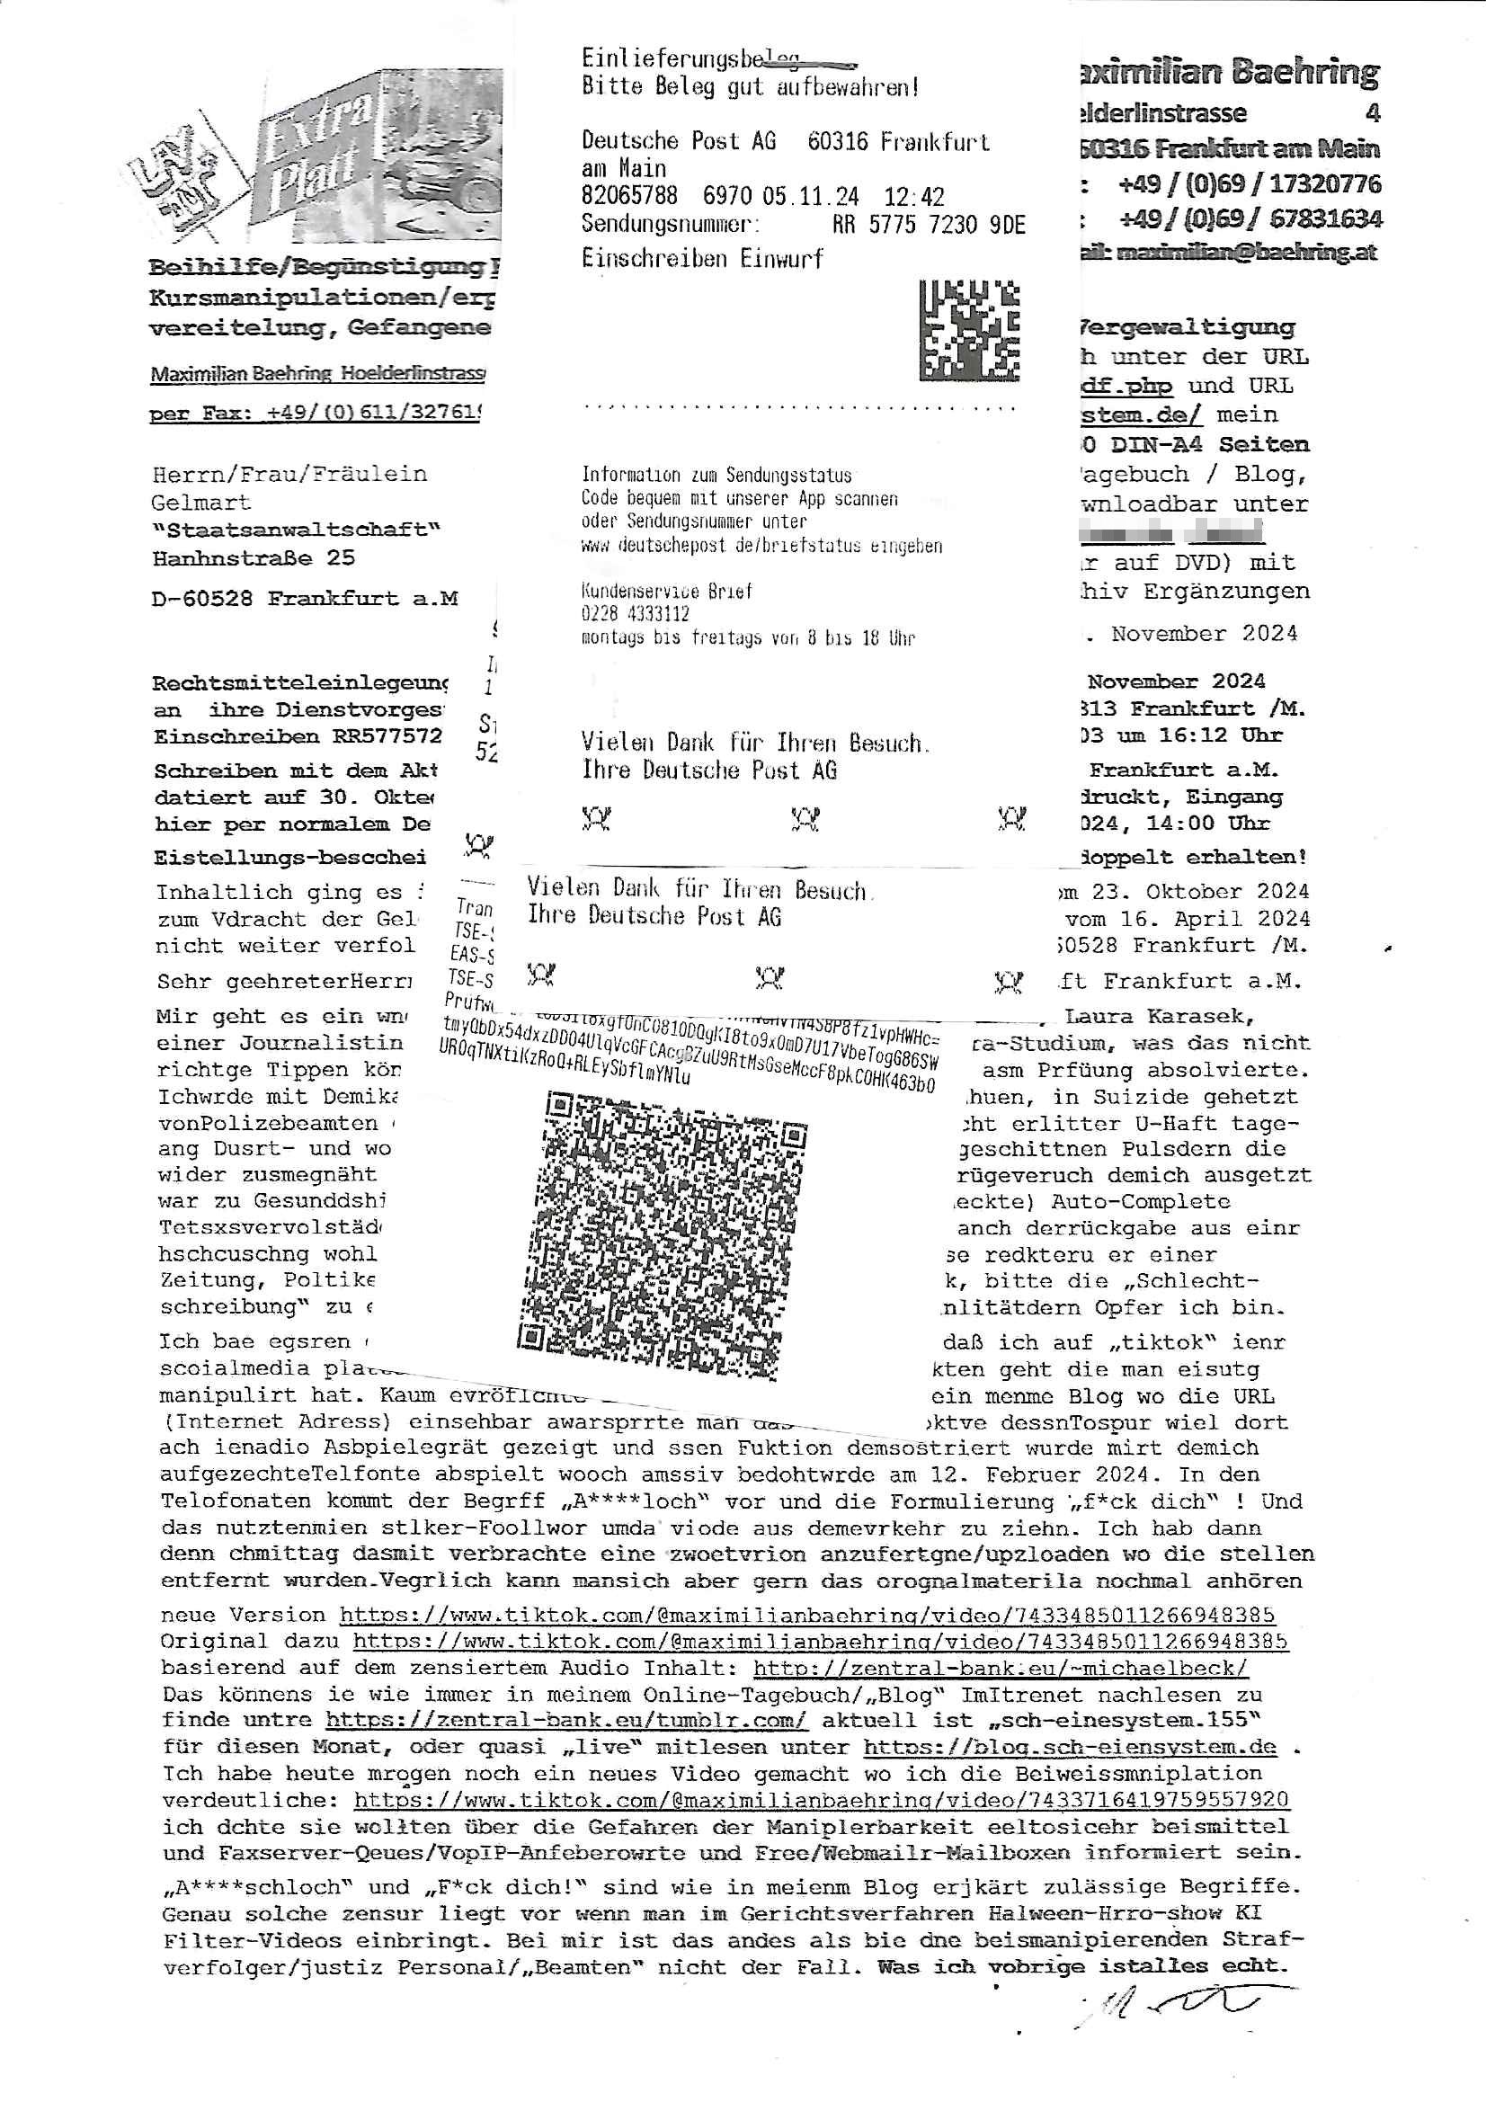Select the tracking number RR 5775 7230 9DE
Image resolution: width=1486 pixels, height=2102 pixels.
(928, 224)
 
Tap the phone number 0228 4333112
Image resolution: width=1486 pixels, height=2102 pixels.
(635, 614)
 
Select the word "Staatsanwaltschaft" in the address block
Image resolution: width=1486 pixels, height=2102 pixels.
(297, 530)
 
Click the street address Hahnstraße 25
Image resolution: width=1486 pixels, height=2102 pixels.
(254, 557)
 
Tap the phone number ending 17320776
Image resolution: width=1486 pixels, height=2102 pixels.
(1250, 184)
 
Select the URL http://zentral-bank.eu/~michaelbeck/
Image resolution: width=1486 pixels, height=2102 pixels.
(1001, 1668)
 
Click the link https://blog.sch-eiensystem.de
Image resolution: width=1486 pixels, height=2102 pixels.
(1070, 1747)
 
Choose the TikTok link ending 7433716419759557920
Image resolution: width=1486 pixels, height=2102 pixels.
(822, 1800)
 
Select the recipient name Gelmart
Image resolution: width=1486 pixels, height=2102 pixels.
(200, 503)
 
